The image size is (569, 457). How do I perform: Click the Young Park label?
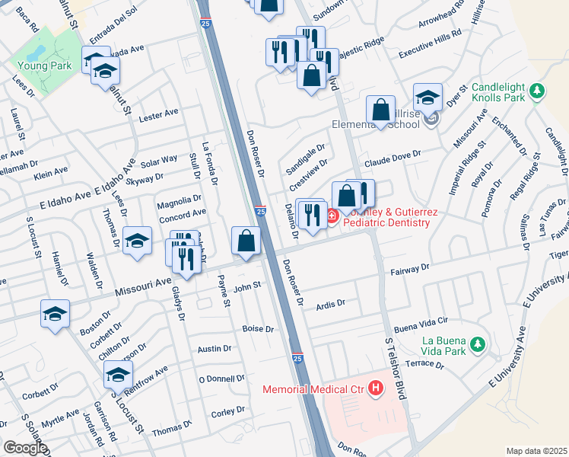coord(43,66)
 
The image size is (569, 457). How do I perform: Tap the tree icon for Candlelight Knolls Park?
coord(538,91)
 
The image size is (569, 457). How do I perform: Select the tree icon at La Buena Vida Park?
coord(477,346)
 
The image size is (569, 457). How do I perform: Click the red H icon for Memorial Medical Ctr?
coord(375,389)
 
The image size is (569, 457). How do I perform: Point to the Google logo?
coord(24,448)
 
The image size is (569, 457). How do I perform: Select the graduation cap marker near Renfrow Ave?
coord(118,375)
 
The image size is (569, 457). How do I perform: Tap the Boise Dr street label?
coord(257,329)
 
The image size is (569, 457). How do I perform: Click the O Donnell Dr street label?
coord(221,378)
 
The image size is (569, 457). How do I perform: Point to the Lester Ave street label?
coord(159,113)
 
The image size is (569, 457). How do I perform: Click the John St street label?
coord(246,287)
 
